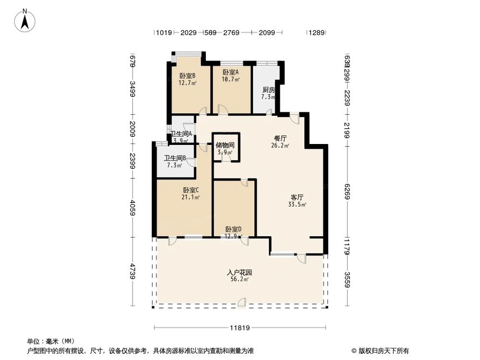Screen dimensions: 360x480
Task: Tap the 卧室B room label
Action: pos(187,76)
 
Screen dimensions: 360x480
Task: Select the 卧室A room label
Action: pos(230,72)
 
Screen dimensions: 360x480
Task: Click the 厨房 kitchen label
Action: pos(268,90)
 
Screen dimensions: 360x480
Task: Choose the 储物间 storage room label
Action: pos(225,145)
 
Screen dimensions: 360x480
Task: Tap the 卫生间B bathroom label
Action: pos(175,158)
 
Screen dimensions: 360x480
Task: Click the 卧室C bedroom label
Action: pos(191,190)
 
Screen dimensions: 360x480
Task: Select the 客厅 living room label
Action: pos(297,197)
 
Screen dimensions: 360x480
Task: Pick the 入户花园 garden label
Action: pos(240,272)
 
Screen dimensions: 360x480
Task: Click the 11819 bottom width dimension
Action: pos(240,328)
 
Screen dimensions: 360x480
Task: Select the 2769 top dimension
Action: pos(231,33)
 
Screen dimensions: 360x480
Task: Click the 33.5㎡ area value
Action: pos(297,204)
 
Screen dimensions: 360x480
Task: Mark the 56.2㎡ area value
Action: pos(240,279)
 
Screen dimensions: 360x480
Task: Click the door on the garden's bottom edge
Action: pos(241,302)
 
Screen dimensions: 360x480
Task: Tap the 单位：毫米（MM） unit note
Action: pos(47,342)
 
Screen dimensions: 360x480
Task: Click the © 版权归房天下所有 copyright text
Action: pos(380,350)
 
